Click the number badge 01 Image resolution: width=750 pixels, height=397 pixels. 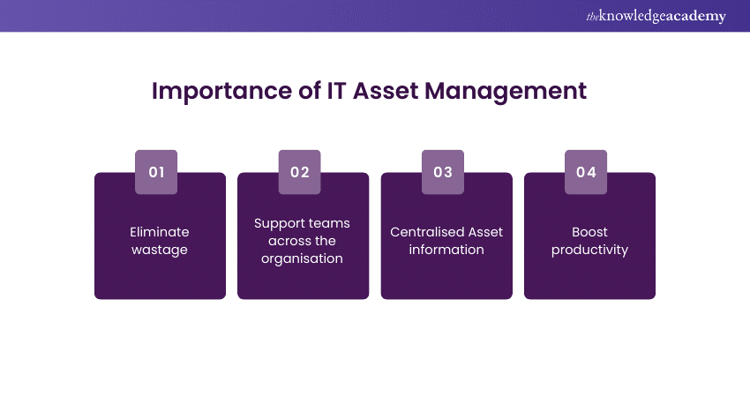click(156, 172)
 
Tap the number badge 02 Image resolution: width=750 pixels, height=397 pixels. click(300, 172)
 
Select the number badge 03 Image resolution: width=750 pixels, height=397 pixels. click(443, 172)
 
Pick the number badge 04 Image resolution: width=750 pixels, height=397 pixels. click(587, 172)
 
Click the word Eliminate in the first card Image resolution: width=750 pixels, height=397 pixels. click(160, 232)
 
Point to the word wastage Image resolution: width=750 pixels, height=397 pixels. click(160, 250)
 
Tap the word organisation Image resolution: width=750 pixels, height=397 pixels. click(304, 258)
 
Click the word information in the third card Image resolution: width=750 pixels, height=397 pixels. click(446, 250)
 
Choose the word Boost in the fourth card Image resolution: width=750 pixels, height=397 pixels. click(589, 232)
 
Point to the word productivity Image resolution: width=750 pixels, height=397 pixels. click(589, 250)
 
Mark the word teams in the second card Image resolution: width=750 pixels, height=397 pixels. click(329, 223)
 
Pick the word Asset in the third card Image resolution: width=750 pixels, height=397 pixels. click(485, 232)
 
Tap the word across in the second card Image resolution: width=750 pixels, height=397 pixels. click(279, 241)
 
